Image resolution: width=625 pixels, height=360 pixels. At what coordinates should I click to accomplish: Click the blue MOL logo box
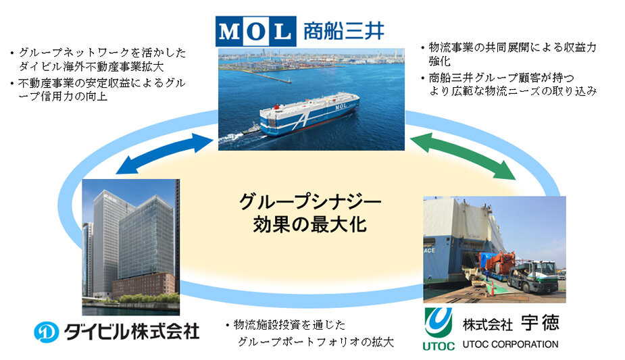point(255,31)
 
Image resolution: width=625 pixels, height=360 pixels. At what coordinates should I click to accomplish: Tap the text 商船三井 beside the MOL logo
point(344,31)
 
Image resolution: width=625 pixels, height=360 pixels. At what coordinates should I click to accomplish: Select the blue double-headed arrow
point(165,154)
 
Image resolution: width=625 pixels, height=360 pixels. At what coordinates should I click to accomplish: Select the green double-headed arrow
point(462,156)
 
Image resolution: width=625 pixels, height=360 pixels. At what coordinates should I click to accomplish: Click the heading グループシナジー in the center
point(310,202)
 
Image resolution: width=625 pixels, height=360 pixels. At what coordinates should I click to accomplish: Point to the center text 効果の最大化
point(309,224)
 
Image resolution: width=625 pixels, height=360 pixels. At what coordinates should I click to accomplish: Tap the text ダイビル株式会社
point(132,332)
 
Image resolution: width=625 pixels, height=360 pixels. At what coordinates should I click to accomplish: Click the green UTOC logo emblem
point(438,322)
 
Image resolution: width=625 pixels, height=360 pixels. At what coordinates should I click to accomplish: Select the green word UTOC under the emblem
point(439,346)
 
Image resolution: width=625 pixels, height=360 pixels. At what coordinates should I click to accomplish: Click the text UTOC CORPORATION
point(510,344)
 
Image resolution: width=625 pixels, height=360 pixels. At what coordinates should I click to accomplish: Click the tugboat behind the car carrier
point(251,130)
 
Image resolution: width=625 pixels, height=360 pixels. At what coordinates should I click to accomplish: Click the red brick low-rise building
point(144,285)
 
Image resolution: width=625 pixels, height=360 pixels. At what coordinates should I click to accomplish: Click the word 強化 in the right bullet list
point(440,61)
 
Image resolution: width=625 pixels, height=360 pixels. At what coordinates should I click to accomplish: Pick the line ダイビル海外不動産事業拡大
point(91,66)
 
